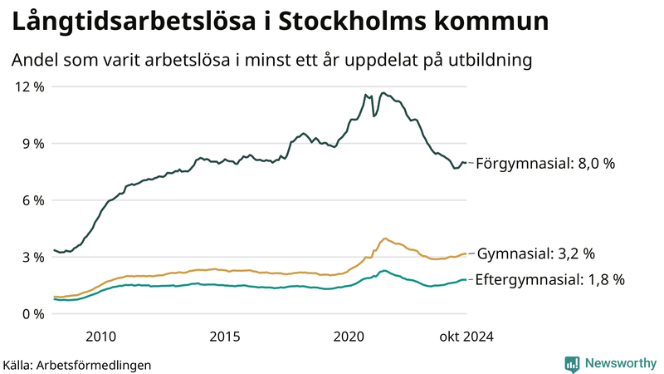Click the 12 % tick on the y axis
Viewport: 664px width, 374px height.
(28, 86)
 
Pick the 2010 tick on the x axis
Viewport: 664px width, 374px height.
(100, 336)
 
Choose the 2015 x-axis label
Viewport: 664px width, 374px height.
(225, 336)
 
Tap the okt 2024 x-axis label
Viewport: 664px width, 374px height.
(467, 336)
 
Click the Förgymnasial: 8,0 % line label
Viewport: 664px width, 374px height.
(545, 164)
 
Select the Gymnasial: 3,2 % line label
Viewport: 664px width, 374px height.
(535, 253)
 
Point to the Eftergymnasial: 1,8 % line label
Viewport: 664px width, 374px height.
(549, 280)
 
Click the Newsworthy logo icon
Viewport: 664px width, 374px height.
(572, 363)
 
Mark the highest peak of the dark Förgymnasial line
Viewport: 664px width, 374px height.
(383, 93)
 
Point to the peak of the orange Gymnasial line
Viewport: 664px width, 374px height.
(384, 239)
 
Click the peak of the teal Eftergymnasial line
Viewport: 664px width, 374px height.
(383, 270)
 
